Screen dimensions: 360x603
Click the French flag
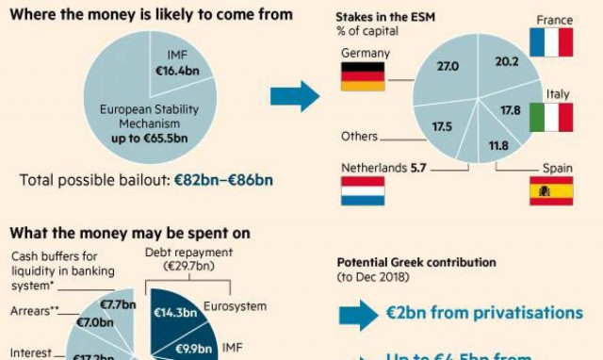tap(551, 43)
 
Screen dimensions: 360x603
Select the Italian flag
tap(551, 117)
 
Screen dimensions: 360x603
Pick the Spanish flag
tap(551, 190)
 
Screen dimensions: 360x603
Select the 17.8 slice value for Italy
tap(511, 110)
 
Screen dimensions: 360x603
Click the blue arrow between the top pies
tap(294, 95)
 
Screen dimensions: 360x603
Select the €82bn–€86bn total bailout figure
tap(234, 176)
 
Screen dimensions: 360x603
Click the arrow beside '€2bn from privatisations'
tap(357, 314)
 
